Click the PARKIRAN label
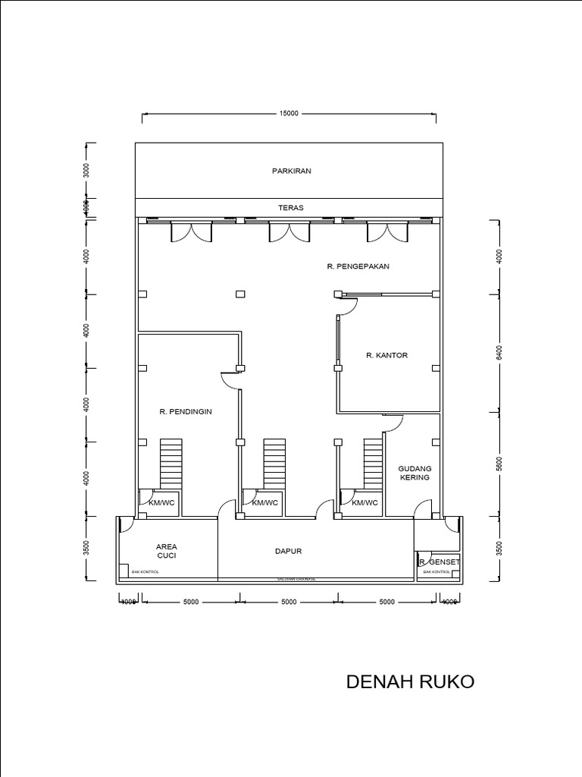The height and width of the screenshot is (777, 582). point(291,171)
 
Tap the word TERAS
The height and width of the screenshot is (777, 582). point(291,206)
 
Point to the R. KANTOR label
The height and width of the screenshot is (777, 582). point(386,355)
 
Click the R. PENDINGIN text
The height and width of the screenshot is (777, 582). point(185,412)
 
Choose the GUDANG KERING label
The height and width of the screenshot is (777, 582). point(414,473)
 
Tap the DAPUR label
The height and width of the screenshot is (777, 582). point(288,552)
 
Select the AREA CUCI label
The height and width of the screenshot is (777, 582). point(167,551)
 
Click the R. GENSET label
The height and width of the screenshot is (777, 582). point(439,562)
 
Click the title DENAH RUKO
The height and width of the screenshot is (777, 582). point(410,681)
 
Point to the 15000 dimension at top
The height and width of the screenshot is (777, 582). point(289,114)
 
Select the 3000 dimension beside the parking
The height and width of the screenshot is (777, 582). point(87,170)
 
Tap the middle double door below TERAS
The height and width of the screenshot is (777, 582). point(281,232)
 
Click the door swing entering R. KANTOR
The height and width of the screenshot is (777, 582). point(346,305)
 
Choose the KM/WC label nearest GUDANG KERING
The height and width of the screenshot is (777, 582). point(364,502)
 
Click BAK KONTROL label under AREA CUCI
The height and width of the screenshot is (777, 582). point(145,572)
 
